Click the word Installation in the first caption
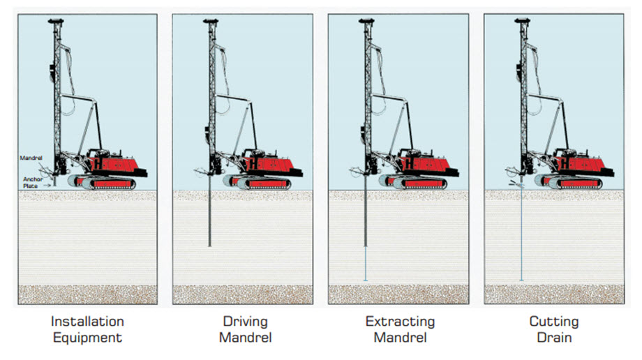(87, 322)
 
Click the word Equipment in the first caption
(87, 338)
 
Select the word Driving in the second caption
(245, 322)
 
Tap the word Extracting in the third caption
(400, 322)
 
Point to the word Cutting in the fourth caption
(554, 322)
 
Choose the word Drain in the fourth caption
(554, 338)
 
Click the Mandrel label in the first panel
(31, 158)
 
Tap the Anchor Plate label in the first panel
(32, 183)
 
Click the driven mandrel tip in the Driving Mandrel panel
(209, 245)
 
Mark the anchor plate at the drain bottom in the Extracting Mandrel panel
(366, 280)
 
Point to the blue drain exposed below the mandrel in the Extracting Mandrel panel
(366, 262)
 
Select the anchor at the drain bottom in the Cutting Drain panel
(521, 280)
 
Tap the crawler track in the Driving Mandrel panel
(262, 182)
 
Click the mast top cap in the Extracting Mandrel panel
(366, 20)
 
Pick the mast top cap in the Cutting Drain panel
(522, 20)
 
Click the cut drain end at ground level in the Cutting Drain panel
(516, 184)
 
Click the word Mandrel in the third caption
(400, 338)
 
